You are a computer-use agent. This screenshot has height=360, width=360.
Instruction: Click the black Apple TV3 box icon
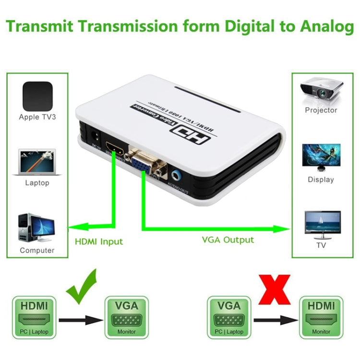tap(37, 96)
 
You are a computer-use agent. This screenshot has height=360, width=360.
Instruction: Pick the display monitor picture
tap(321, 158)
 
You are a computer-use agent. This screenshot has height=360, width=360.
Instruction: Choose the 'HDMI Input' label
tap(98, 241)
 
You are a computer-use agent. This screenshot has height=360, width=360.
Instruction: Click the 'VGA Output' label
tap(228, 240)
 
